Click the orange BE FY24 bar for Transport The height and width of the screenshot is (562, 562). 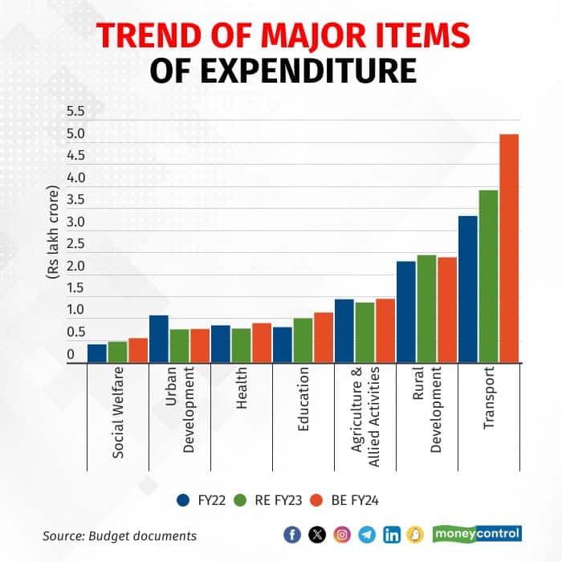click(508, 248)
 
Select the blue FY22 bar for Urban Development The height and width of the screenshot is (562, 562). click(159, 339)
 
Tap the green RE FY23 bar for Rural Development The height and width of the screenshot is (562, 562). click(426, 309)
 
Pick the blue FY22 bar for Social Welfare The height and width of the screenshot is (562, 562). click(97, 353)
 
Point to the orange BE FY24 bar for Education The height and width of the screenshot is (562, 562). click(324, 337)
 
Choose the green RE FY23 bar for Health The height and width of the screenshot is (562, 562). click(241, 345)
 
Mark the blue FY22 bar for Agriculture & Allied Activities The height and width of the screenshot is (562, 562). click(344, 331)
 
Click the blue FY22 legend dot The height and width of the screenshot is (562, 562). click(182, 500)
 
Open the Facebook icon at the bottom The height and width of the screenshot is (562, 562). click(294, 534)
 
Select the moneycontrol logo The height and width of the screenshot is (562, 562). click(477, 533)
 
